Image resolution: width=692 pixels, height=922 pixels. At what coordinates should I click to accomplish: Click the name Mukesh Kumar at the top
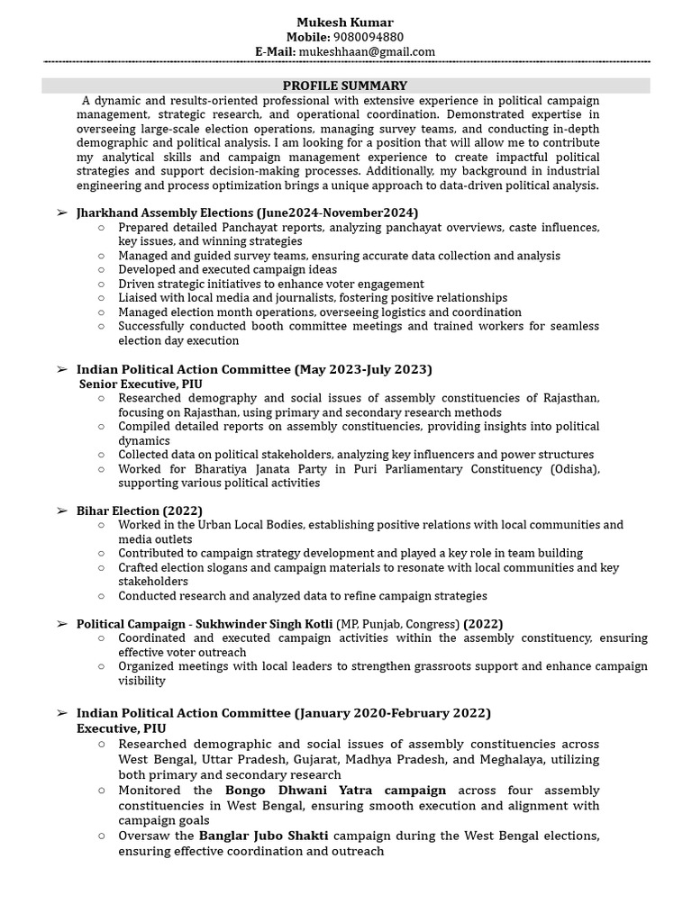click(x=345, y=22)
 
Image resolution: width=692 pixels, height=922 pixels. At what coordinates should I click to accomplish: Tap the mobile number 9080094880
click(x=369, y=37)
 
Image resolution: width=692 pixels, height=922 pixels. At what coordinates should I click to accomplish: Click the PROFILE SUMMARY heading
click(x=347, y=86)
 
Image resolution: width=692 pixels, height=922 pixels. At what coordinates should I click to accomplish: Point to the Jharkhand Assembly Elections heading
click(x=166, y=212)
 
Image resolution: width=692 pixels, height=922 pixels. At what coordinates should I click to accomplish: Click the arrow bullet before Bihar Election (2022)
click(x=61, y=511)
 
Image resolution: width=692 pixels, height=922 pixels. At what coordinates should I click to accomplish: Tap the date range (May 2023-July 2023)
click(x=363, y=369)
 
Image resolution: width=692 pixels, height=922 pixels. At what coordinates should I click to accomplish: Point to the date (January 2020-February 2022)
click(x=392, y=713)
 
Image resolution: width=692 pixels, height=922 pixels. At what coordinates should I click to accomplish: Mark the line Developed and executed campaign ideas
click(x=227, y=269)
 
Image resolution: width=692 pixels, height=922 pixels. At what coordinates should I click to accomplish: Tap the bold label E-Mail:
click(x=275, y=51)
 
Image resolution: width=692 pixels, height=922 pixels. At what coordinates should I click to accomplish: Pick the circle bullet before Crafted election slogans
click(x=101, y=568)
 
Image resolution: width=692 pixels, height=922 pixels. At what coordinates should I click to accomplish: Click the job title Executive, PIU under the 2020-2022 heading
click(x=122, y=728)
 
